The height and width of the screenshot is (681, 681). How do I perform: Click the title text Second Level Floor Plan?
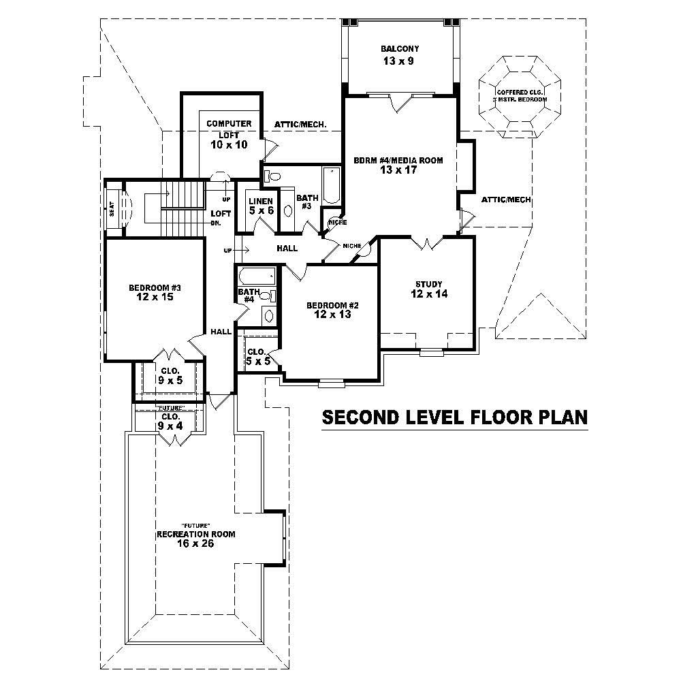[x=454, y=417]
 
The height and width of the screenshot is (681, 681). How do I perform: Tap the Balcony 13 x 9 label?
[x=399, y=54]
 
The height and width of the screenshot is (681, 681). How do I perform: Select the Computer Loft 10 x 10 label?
[x=229, y=134]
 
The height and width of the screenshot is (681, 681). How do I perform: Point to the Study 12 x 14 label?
[x=429, y=289]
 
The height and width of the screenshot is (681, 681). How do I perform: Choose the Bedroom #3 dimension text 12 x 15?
[x=155, y=298]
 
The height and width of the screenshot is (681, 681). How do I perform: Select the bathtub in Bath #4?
[x=257, y=276]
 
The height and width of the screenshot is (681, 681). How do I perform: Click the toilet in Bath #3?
[x=271, y=176]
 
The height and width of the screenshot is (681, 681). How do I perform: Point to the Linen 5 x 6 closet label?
[x=261, y=206]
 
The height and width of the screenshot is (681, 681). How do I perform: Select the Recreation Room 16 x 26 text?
[x=196, y=538]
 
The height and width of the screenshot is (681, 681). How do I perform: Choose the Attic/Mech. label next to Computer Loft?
[x=300, y=125]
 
